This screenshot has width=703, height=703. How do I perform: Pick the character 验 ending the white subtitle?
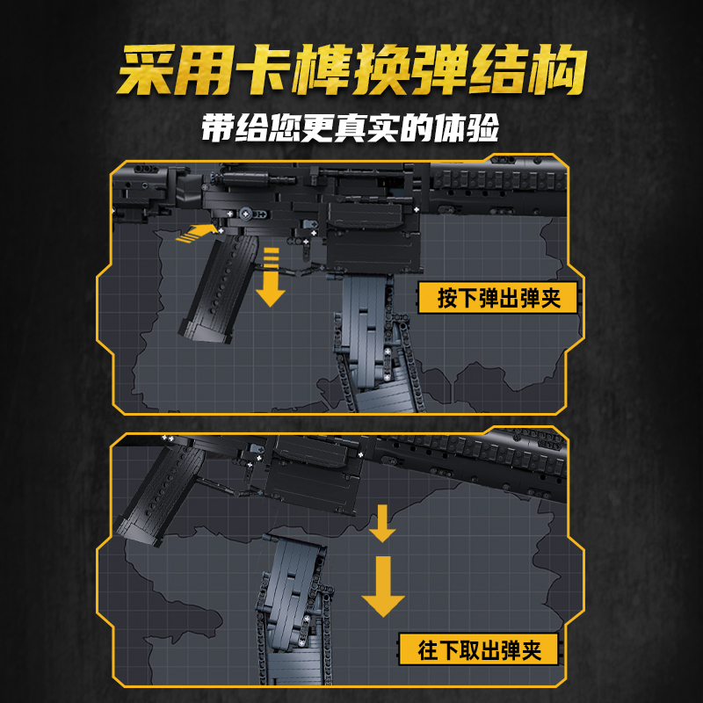click(x=483, y=127)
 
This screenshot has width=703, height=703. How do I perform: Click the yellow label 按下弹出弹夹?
click(x=498, y=299)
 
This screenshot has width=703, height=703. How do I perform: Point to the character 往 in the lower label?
click(x=429, y=650)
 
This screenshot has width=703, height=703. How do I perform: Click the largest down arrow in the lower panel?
click(x=383, y=584)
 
